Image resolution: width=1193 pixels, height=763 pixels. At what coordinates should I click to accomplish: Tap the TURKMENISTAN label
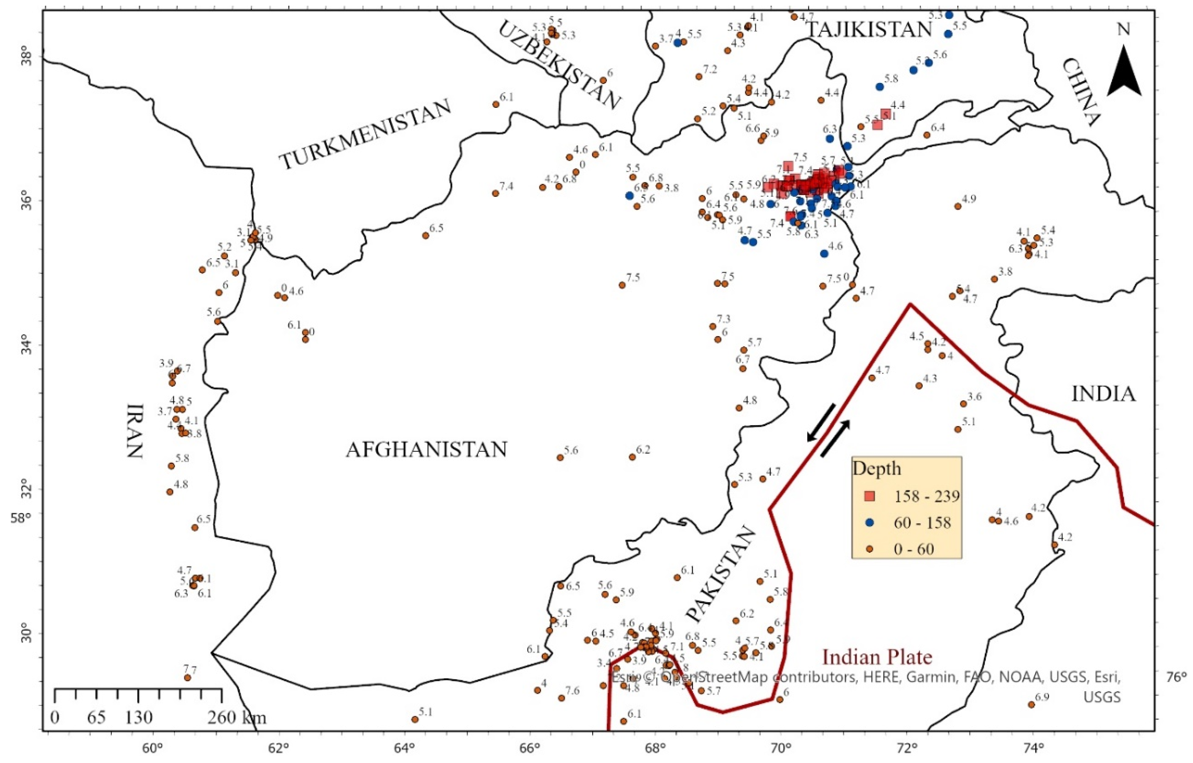pyautogui.click(x=366, y=134)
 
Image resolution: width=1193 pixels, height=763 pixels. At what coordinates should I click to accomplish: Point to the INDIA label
pyautogui.click(x=1103, y=395)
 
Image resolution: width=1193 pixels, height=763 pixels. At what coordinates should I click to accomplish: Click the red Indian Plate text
pyautogui.click(x=877, y=657)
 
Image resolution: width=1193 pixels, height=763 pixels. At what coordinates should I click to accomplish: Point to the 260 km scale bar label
pyautogui.click(x=237, y=717)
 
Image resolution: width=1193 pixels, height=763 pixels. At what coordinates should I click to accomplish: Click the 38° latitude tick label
pyautogui.click(x=25, y=54)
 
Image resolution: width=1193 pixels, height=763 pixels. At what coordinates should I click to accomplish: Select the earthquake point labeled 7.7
pyautogui.click(x=187, y=678)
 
